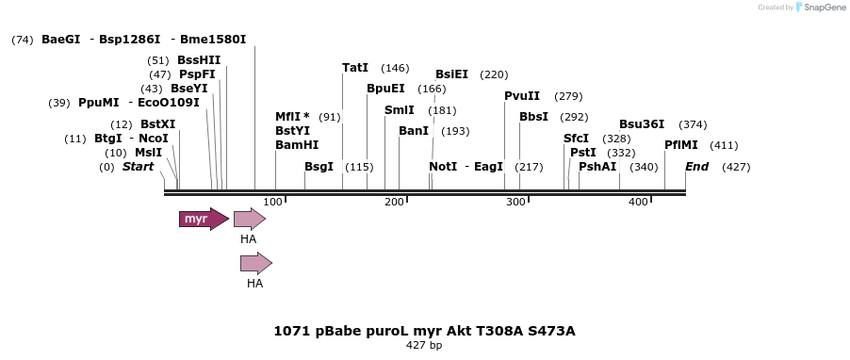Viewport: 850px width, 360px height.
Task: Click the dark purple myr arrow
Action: point(203,219)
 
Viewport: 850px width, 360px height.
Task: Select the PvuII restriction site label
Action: point(522,96)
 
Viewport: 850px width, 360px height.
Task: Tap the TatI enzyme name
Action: point(355,68)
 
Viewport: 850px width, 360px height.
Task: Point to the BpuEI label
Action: point(385,89)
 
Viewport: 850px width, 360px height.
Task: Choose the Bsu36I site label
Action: point(642,124)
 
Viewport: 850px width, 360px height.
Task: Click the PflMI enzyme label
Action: point(681,145)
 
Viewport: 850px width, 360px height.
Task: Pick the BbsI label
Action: point(533,117)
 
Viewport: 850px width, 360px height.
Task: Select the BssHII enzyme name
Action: point(199,60)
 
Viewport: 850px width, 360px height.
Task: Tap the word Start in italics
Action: point(138,167)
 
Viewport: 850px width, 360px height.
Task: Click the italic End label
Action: point(696,167)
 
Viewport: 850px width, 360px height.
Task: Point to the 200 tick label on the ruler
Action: point(394,202)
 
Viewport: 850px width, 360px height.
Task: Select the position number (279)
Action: point(568,96)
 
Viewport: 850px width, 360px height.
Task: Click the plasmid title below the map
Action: point(424,331)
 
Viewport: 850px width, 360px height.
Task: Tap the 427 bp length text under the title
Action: point(424,346)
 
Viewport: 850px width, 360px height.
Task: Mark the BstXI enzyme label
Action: point(157,124)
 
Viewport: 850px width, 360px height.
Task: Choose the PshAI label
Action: point(597,167)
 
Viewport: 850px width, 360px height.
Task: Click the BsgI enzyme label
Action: point(319,167)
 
